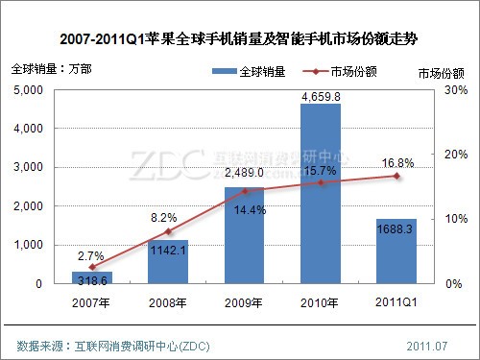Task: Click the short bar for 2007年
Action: (92, 277)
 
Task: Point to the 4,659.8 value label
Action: (321, 95)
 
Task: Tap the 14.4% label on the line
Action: (244, 210)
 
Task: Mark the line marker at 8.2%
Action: (168, 231)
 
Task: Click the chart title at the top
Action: (240, 39)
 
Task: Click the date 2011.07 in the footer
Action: (427, 345)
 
